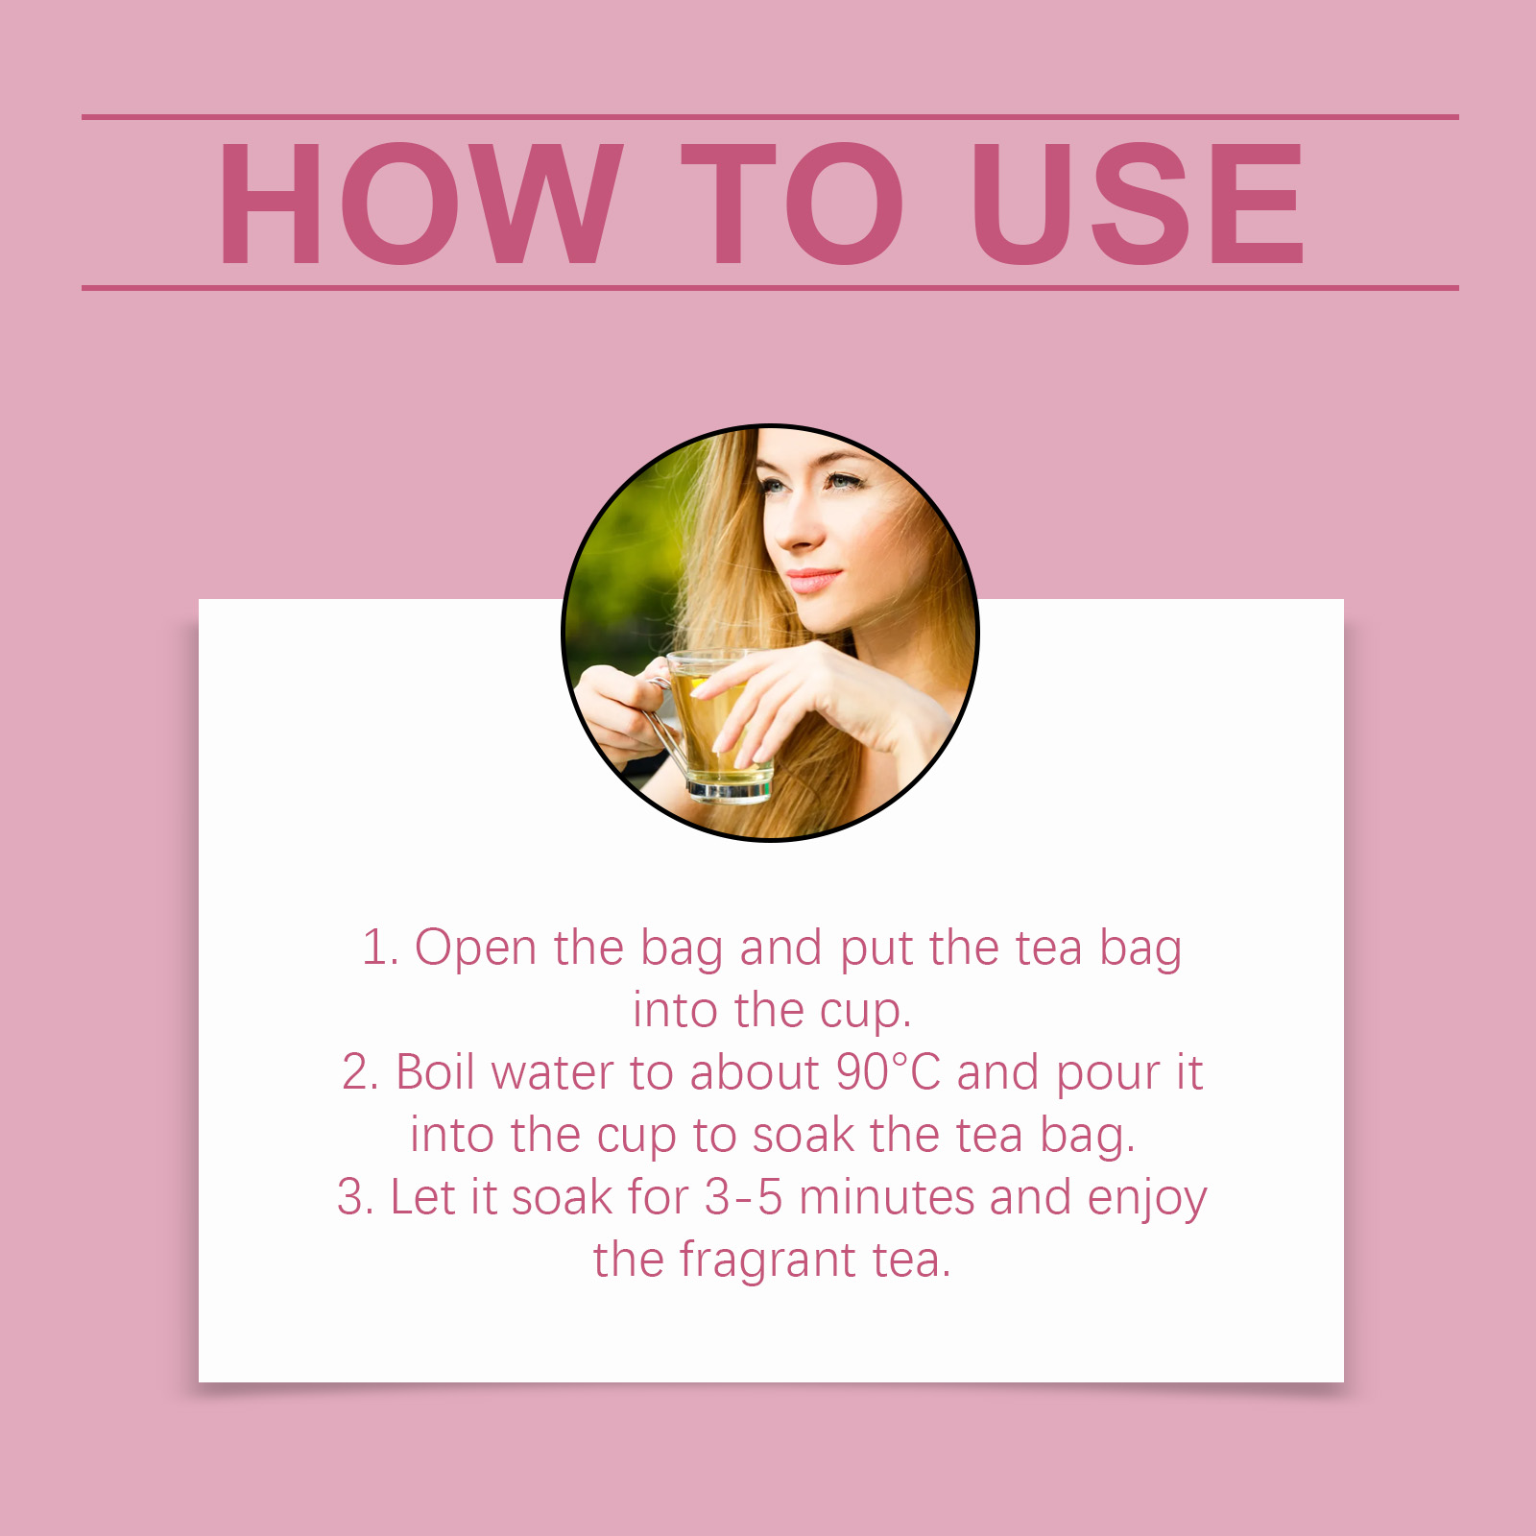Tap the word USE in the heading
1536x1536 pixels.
click(1139, 204)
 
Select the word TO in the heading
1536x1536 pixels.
click(792, 204)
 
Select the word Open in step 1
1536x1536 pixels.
click(475, 949)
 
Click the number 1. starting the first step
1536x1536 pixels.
click(380, 948)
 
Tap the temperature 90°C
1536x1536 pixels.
click(888, 1073)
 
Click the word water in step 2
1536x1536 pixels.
click(553, 1073)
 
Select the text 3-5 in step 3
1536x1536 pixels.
click(744, 1198)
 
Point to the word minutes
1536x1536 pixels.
click(887, 1198)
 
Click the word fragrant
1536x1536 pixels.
click(767, 1261)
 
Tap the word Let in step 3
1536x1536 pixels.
click(421, 1197)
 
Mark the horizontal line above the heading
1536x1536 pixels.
click(770, 117)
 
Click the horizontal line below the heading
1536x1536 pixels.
click(770, 287)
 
